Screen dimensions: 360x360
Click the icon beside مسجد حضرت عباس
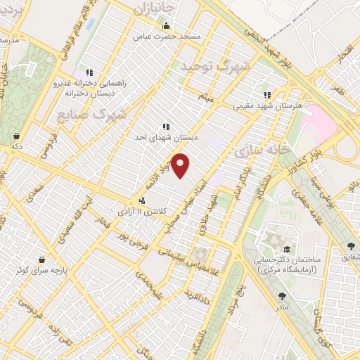pos(167,26)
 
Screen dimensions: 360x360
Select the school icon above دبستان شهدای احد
pos(165,127)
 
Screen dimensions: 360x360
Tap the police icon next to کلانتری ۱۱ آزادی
pos(142,200)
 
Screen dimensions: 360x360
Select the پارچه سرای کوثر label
pos(45,269)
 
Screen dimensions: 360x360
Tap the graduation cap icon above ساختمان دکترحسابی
pos(287,249)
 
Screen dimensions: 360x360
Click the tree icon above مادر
pos(282,296)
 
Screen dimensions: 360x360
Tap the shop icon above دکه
pos(15,136)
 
